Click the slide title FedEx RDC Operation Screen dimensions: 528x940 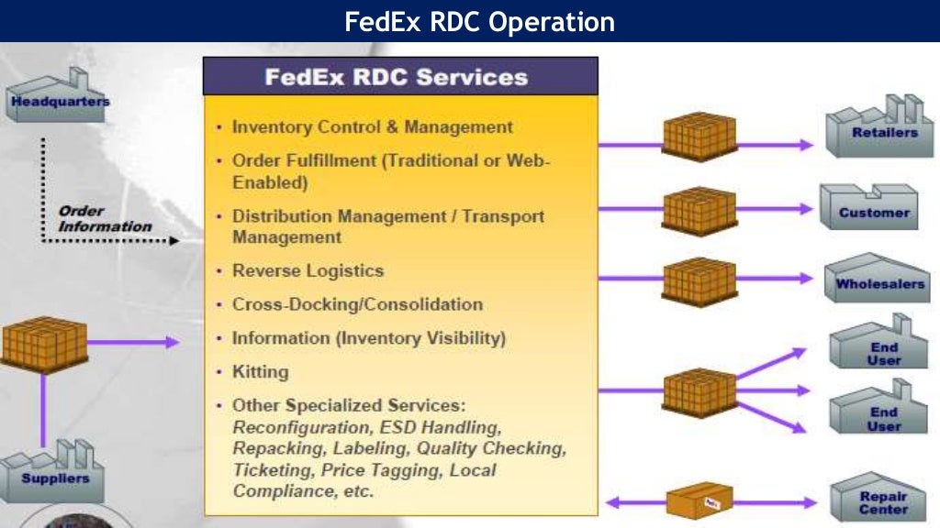[479, 21]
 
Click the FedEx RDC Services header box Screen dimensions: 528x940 [399, 76]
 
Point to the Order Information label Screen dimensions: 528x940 [103, 218]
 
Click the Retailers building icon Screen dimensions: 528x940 [878, 127]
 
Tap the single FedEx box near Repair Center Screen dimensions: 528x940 [699, 500]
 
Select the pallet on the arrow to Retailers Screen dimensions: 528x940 [699, 137]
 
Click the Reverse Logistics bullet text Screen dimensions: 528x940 [308, 271]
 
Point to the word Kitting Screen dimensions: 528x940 [260, 372]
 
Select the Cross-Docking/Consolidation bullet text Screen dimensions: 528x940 [357, 304]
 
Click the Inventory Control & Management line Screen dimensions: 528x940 [372, 127]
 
